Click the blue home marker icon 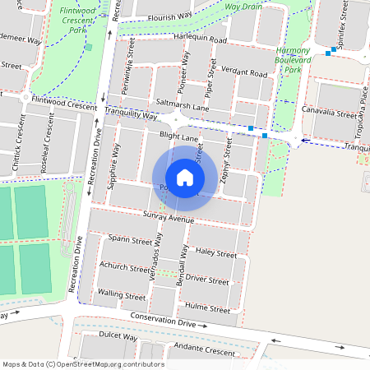(x=185, y=177)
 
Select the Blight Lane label (x=179, y=137)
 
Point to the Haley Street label (x=217, y=254)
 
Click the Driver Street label (x=206, y=280)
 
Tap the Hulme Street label (x=207, y=309)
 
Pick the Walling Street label (x=121, y=294)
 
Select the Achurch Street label (x=124, y=267)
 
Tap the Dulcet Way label (x=117, y=336)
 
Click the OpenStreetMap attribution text (x=83, y=363)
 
